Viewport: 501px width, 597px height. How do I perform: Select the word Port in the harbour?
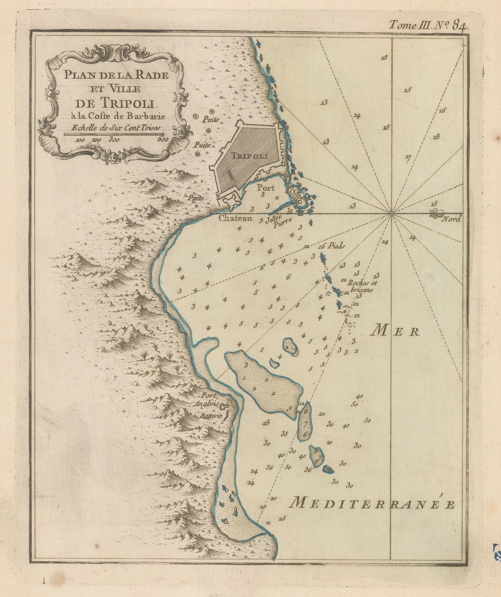point(266,188)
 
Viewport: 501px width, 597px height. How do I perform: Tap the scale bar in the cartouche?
point(113,134)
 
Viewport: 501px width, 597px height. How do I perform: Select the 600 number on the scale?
point(163,140)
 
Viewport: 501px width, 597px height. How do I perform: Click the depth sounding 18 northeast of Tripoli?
point(435,137)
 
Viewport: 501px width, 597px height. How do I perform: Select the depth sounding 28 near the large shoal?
point(266,423)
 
